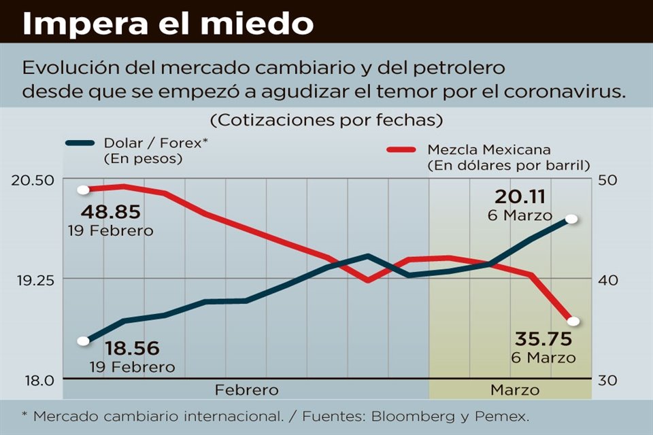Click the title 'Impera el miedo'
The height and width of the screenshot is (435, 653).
coord(168,24)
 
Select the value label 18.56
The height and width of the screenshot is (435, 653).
coord(132,349)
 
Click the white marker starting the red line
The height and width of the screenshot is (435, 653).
coord(84,190)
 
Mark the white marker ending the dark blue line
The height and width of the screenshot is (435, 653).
coord(571,219)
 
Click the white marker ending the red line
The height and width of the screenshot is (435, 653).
coord(573,321)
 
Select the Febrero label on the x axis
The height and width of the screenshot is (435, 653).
coord(246,390)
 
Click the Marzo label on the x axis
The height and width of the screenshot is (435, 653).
coord(514,390)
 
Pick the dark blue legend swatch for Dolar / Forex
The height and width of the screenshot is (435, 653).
coord(80,143)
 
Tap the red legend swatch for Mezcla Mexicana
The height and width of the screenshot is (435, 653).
coord(401,149)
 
